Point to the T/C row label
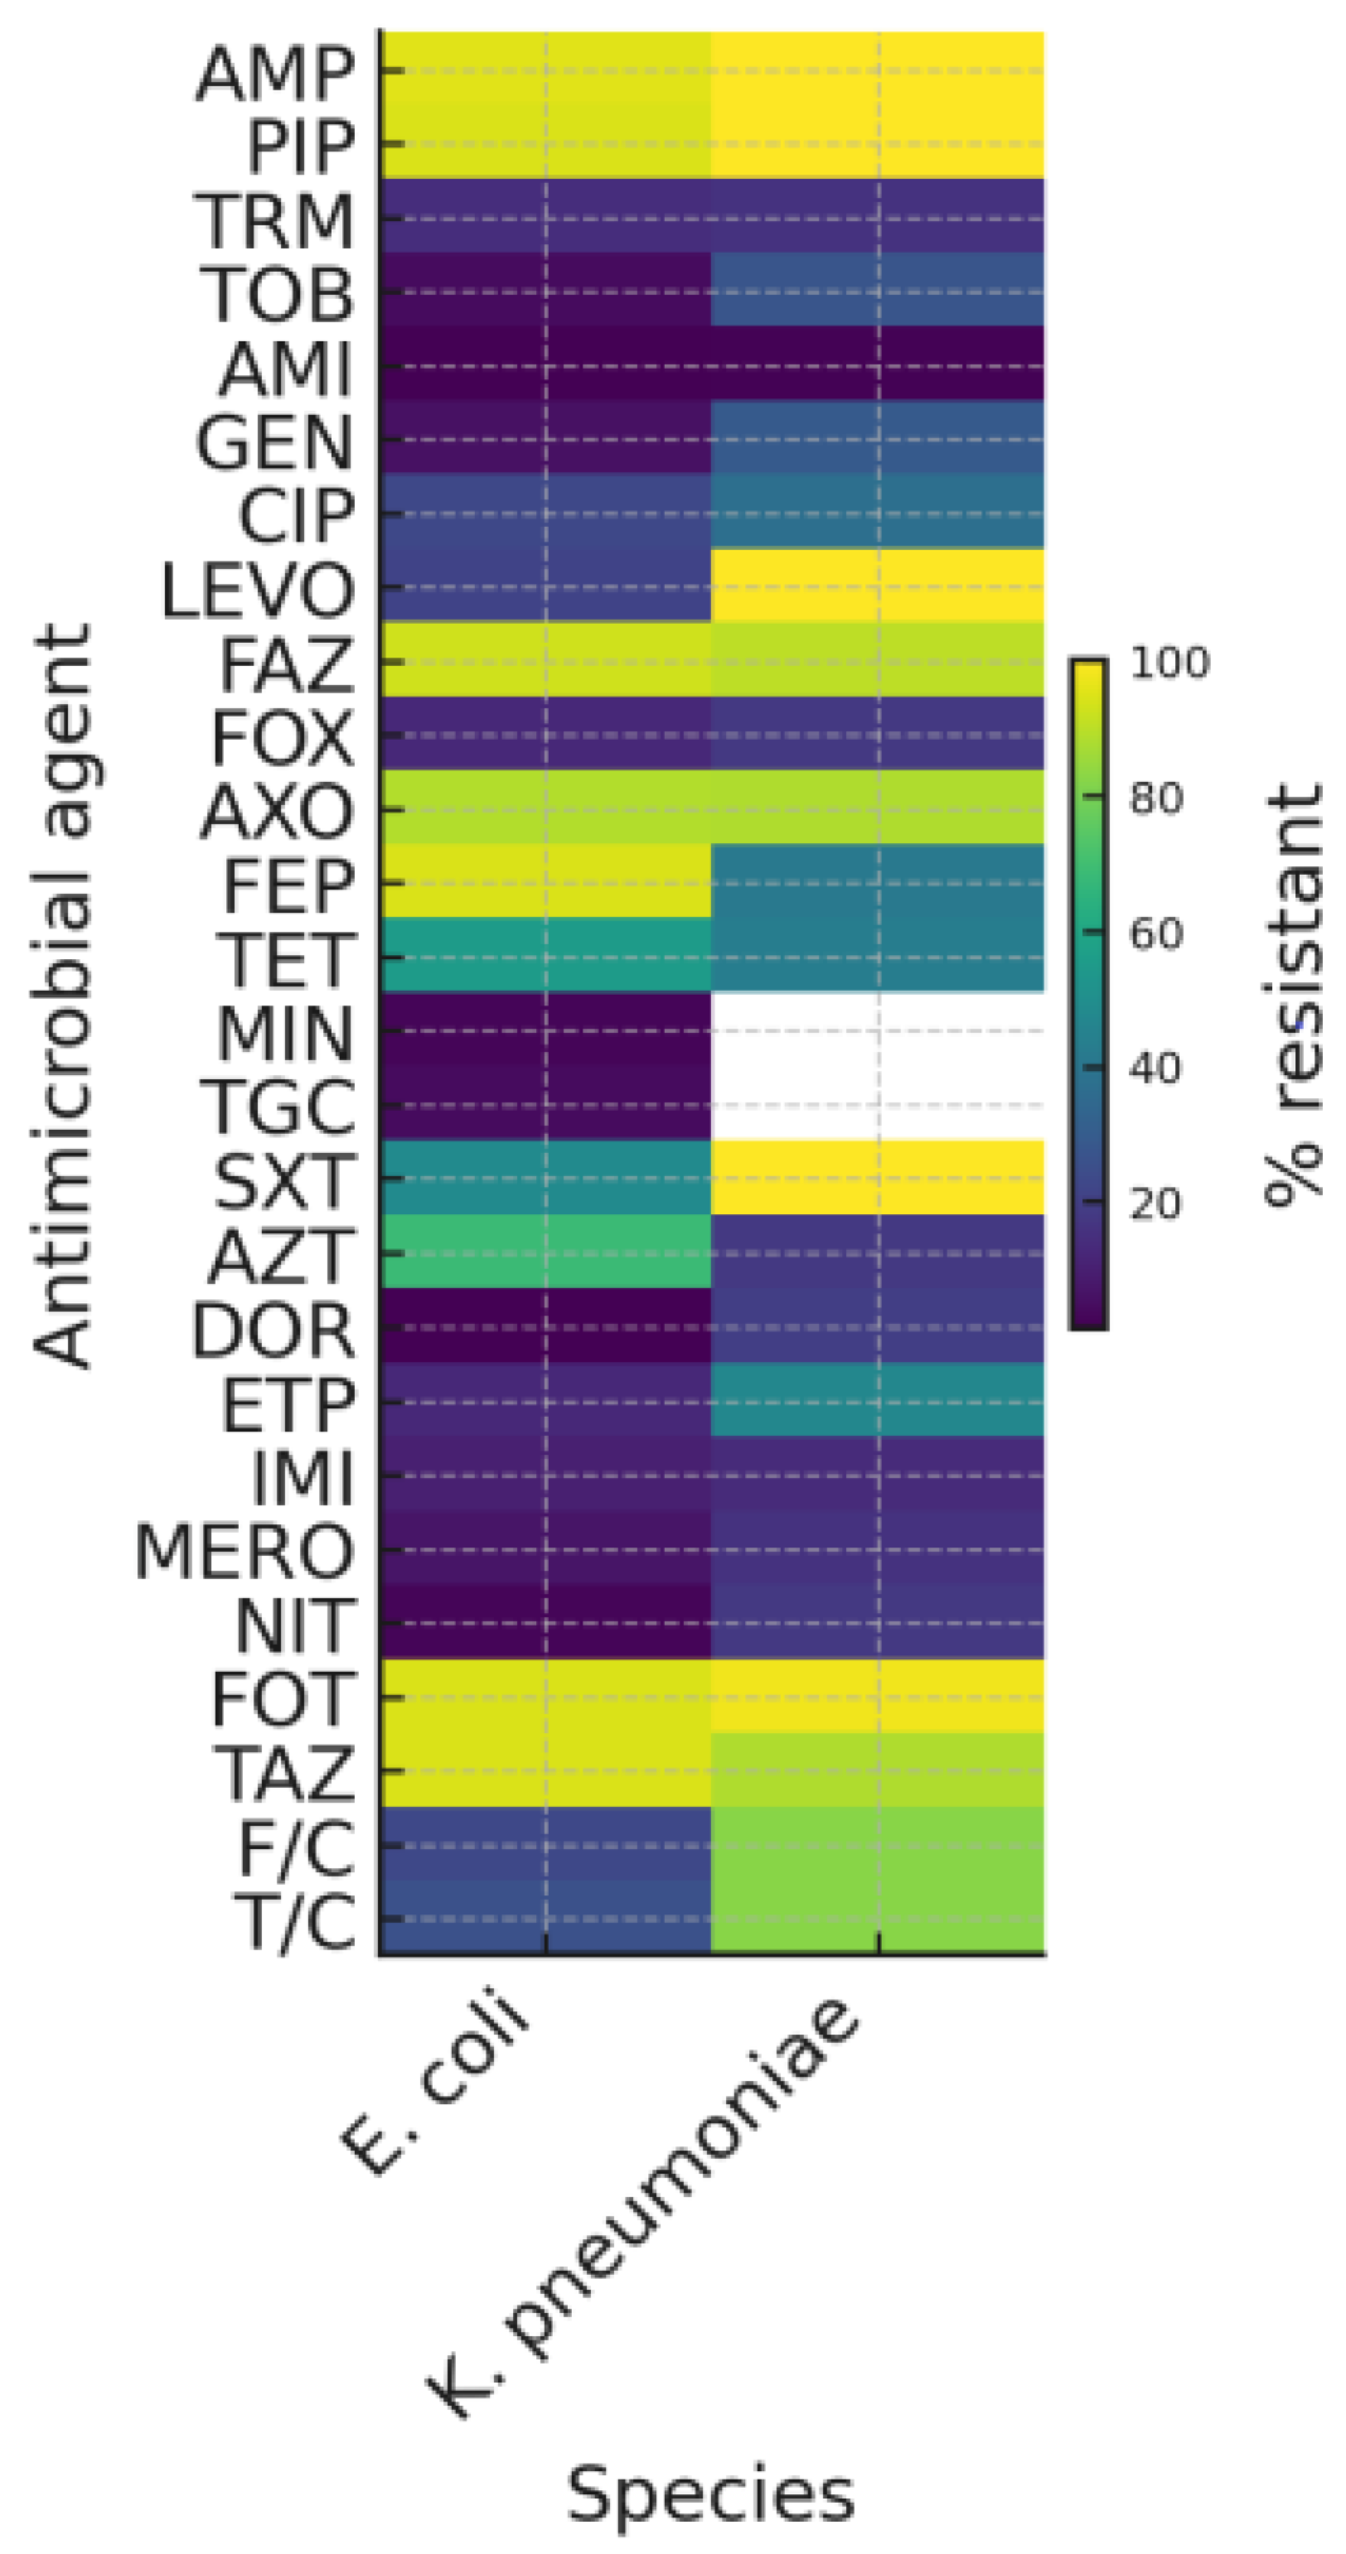click(295, 1922)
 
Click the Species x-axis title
click(710, 2494)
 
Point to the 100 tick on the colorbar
click(1170, 662)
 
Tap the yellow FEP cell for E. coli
click(545, 881)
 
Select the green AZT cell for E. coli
click(545, 1251)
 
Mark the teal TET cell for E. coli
click(545, 955)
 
